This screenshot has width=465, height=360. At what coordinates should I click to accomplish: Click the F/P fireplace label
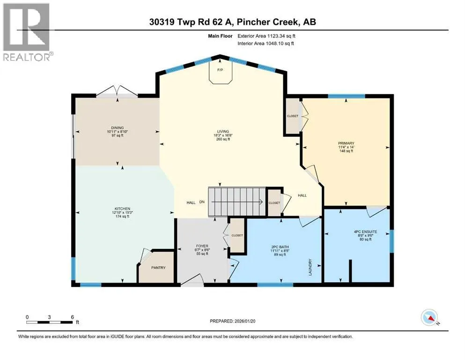pos(220,70)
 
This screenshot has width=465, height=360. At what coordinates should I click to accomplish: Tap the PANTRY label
pos(158,267)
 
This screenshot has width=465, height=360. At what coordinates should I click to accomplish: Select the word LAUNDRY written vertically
pos(310,267)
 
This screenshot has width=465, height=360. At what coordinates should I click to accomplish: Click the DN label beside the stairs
pos(202,202)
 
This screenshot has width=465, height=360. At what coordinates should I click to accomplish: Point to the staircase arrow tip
pos(262,202)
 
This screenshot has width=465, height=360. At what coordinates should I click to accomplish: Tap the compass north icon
pos(429,317)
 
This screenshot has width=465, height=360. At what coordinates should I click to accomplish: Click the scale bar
pos(49,322)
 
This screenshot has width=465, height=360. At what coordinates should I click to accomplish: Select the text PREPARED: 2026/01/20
pos(232,321)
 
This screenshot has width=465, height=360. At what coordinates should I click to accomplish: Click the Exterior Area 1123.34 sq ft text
pos(266,36)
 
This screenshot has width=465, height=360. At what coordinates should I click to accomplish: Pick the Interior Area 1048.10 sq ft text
pos(266,43)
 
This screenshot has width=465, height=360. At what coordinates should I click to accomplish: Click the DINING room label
pos(118,127)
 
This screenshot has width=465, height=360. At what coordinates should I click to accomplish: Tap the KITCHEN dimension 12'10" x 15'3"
pos(123,212)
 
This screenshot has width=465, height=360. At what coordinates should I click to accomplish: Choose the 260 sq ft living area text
pos(223,139)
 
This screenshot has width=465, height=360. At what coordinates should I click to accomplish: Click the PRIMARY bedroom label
pos(346,143)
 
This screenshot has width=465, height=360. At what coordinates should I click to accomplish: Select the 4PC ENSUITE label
pos(365,232)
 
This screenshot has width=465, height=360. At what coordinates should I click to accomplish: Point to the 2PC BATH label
pos(280,247)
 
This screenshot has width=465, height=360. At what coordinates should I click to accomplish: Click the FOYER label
pos(202,246)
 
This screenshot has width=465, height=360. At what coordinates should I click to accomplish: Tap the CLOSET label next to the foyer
pos(237,235)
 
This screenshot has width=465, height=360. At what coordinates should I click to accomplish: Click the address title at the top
pos(232,22)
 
